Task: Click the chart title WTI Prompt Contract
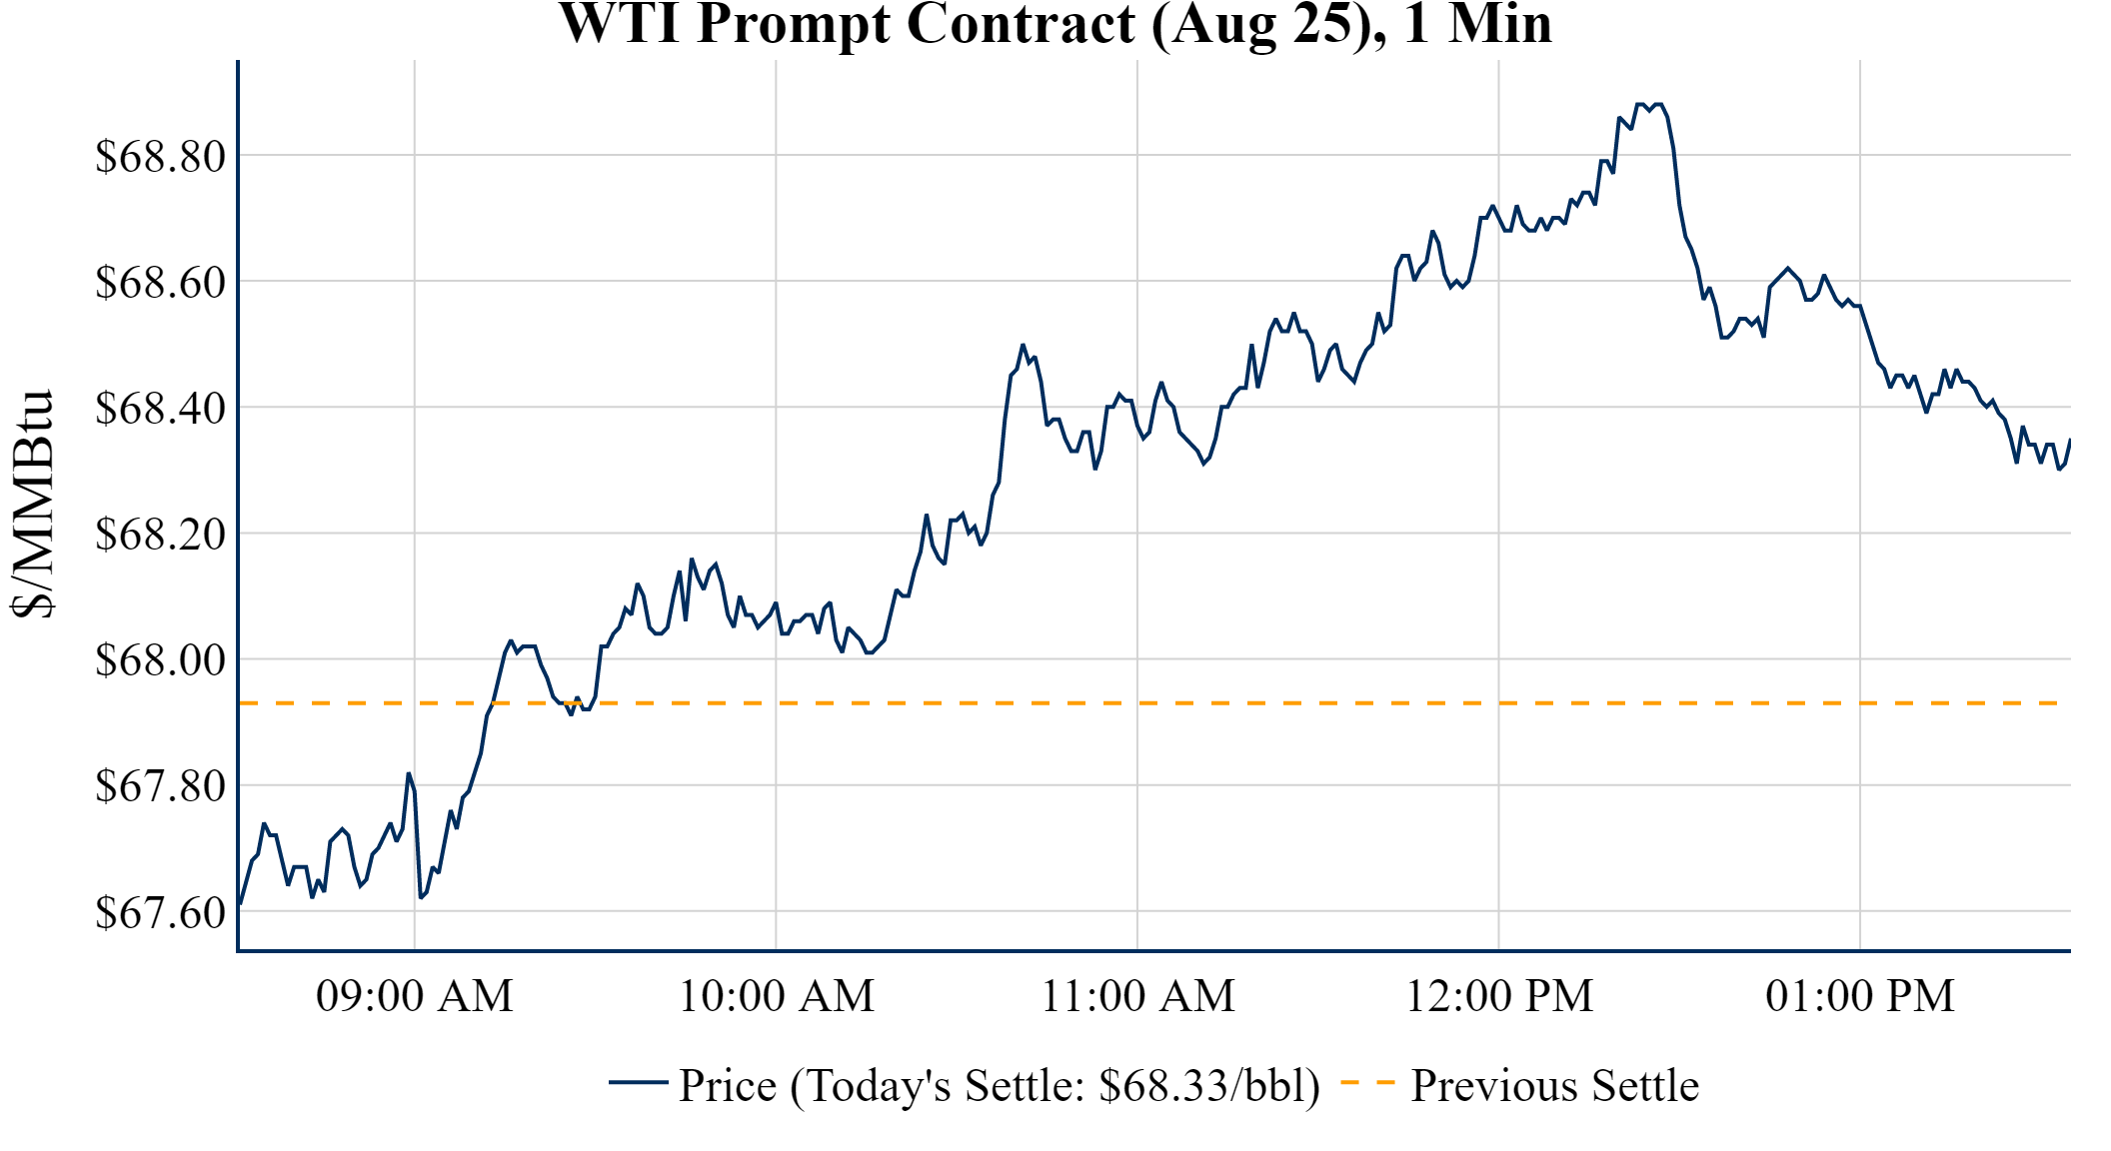tap(1055, 24)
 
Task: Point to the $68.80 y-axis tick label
tap(160, 156)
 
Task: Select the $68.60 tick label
tap(160, 282)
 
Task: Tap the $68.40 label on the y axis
tap(160, 408)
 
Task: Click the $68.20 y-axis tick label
tap(160, 534)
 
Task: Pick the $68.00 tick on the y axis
tap(160, 659)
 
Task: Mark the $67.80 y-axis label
tap(160, 785)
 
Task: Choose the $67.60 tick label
tap(160, 911)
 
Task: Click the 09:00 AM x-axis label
tap(415, 995)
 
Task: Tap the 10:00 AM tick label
tap(777, 995)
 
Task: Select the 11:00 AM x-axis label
tap(1138, 995)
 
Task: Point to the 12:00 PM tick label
tap(1499, 995)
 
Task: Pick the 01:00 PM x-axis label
tap(1860, 995)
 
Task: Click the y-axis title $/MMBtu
tap(34, 505)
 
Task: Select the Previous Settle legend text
tap(1554, 1085)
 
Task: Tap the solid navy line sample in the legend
tap(638, 1082)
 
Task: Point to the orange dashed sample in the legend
tap(1367, 1082)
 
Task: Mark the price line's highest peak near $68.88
tap(1639, 104)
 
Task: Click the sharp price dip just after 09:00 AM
tap(421, 896)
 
